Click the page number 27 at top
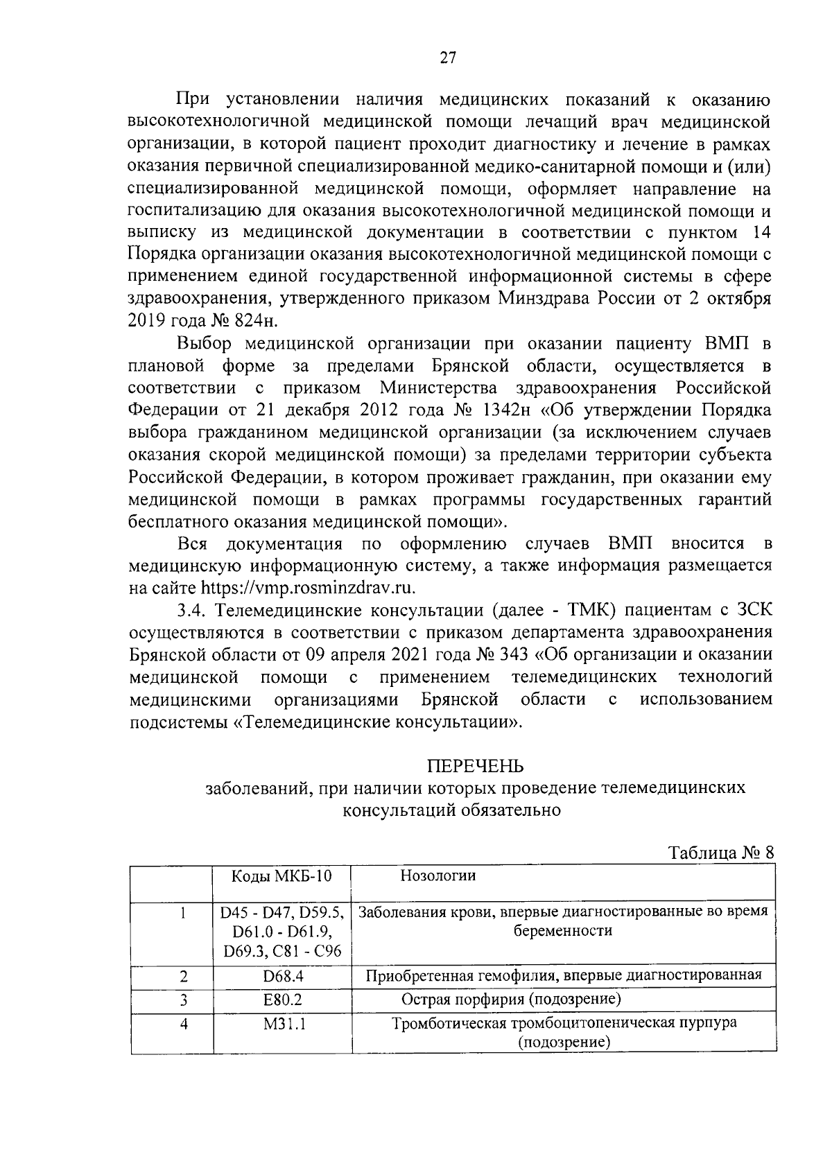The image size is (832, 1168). click(x=448, y=58)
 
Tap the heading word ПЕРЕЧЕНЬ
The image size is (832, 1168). click(x=475, y=766)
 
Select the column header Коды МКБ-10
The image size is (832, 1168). click(x=281, y=875)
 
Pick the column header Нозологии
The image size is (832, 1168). click(x=438, y=875)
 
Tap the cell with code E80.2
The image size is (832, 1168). click(x=283, y=1000)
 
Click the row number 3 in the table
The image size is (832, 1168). click(x=184, y=1000)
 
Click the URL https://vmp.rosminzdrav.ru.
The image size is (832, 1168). click(x=308, y=588)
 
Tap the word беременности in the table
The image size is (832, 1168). click(x=562, y=931)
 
